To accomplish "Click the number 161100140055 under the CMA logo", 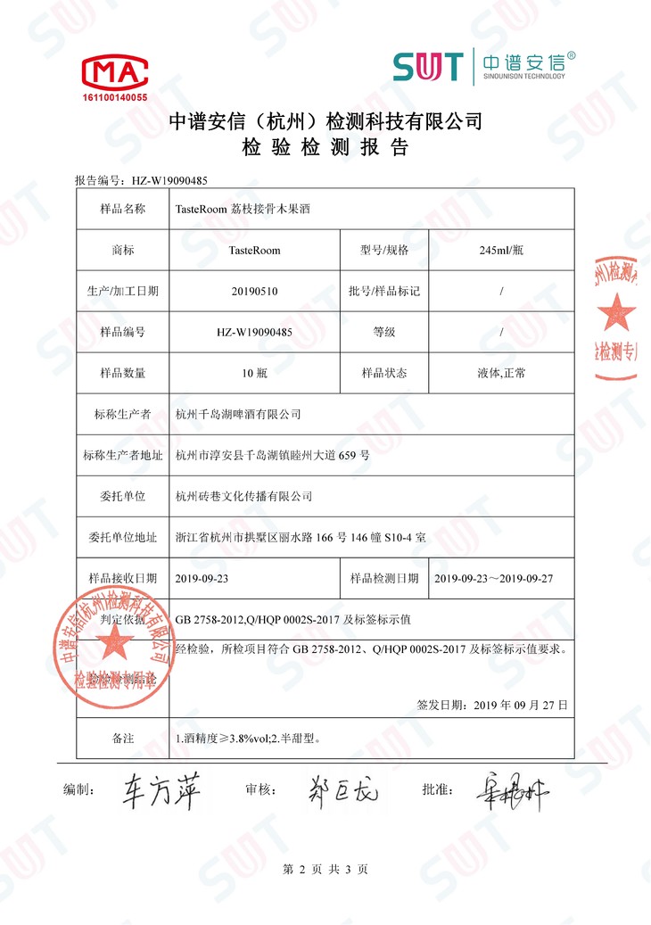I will pos(114,96).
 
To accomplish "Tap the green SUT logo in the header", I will pos(428,66).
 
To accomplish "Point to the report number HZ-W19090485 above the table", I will pos(169,180).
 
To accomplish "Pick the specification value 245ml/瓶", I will pos(501,251).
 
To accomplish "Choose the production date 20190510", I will pos(254,291).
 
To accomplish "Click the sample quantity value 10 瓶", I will pos(254,373).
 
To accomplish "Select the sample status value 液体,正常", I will pos(501,373).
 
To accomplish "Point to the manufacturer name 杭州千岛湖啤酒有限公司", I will pos(238,414).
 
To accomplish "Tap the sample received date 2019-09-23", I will pos(203,578).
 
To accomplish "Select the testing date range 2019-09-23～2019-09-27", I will pos(494,578).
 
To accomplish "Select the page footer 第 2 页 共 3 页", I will pos(325,869).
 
